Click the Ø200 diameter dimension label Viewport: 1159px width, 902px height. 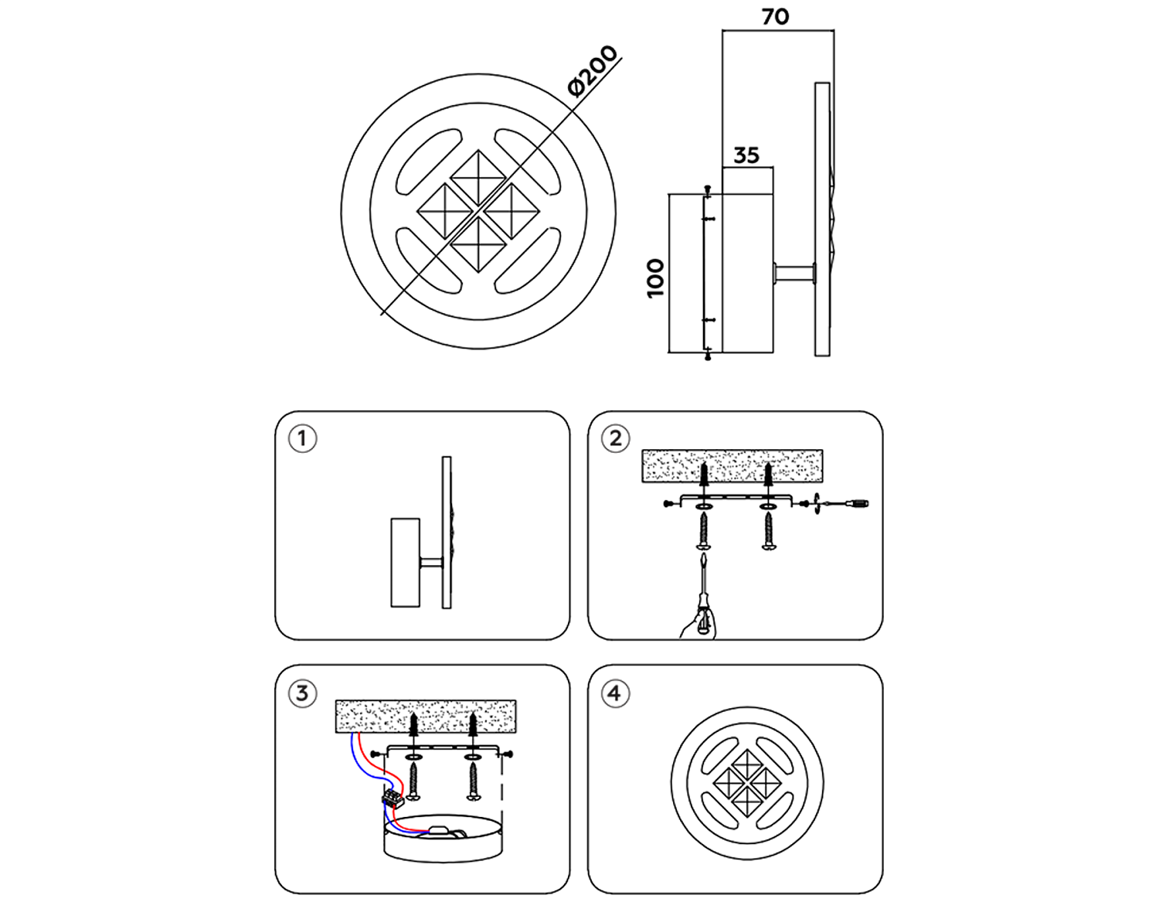click(x=593, y=71)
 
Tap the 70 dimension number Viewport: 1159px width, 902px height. click(x=775, y=16)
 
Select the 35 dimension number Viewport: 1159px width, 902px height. click(x=746, y=155)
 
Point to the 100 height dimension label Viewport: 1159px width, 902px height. click(x=655, y=278)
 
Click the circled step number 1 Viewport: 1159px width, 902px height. click(x=302, y=439)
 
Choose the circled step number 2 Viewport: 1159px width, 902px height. click(x=615, y=439)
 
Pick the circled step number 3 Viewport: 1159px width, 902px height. click(x=302, y=693)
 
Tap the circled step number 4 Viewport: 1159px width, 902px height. click(x=615, y=693)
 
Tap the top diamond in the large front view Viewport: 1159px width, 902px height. click(x=478, y=177)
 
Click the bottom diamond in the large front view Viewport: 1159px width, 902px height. click(x=478, y=244)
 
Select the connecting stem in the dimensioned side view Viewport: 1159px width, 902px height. click(x=794, y=273)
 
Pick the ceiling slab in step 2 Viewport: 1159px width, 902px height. click(x=732, y=465)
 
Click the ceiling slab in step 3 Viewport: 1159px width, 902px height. click(x=426, y=716)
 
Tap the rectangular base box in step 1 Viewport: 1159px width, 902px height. click(x=405, y=562)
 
